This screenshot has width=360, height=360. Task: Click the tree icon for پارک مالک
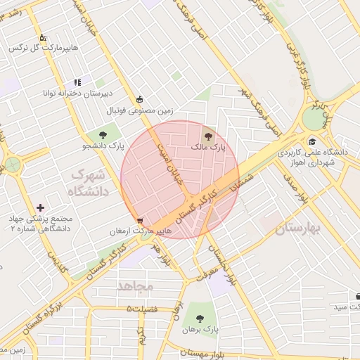click(x=207, y=136)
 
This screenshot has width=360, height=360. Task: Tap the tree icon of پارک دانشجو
click(x=103, y=134)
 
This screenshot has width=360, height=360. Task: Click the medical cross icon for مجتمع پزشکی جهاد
click(x=40, y=207)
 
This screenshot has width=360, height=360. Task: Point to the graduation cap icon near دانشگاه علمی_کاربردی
click(x=311, y=141)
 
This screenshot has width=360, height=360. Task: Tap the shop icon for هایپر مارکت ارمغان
click(x=141, y=220)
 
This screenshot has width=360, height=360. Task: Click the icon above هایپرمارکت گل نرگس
click(x=42, y=37)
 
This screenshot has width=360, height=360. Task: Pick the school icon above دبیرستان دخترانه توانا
click(x=77, y=82)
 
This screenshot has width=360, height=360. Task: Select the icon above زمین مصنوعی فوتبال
click(x=140, y=99)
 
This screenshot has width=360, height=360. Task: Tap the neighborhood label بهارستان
click(x=297, y=229)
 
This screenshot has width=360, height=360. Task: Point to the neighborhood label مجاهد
click(x=136, y=286)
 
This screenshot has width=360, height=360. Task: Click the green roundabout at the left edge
click(x=12, y=165)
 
